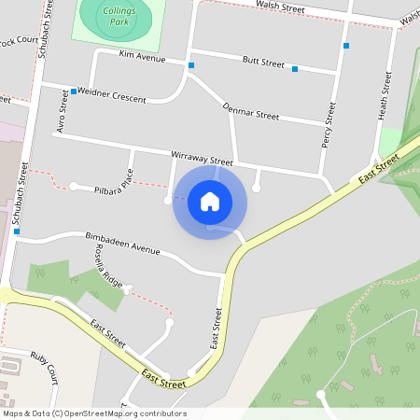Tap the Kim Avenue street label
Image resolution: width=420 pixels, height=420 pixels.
[x=142, y=58]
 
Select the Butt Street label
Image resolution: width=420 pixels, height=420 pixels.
[x=262, y=63]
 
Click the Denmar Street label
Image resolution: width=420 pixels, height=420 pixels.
[x=251, y=112]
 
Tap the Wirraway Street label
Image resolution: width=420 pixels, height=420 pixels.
[x=202, y=160]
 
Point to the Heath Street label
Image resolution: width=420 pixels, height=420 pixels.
[x=383, y=95]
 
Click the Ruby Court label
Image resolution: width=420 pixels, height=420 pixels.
[x=44, y=367]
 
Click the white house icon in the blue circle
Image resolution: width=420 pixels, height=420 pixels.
[x=210, y=202]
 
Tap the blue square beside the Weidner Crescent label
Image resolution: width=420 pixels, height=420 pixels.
[x=74, y=92]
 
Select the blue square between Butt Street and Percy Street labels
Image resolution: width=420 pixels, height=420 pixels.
[x=295, y=69]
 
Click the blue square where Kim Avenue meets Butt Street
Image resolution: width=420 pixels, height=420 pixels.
[x=191, y=65]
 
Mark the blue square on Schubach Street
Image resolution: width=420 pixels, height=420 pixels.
[x=17, y=231]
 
